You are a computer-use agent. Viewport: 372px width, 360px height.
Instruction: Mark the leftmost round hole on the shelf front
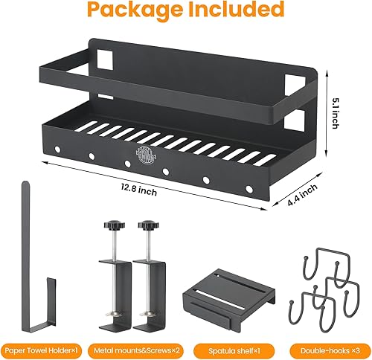[x=56, y=151]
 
